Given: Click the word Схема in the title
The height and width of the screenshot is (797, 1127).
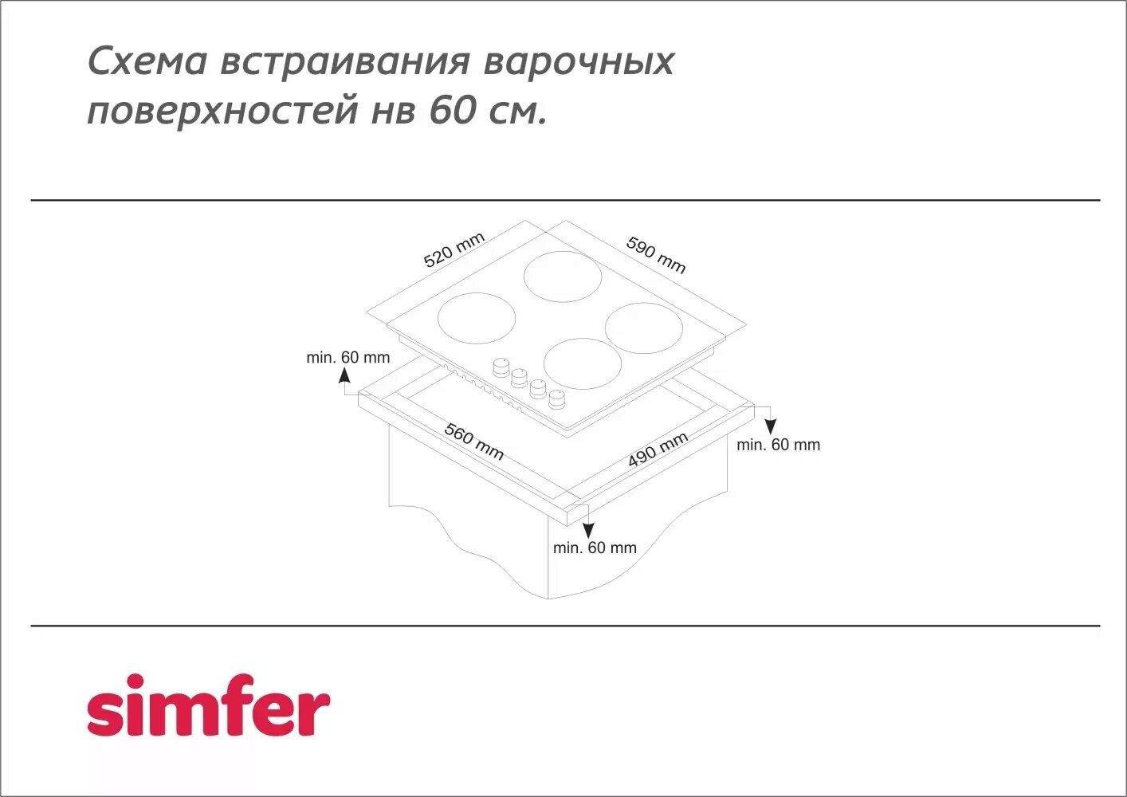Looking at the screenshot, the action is point(147,61).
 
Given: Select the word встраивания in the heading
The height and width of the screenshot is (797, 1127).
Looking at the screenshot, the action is point(345,61).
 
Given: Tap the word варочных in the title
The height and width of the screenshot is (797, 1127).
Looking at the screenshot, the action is point(579,61).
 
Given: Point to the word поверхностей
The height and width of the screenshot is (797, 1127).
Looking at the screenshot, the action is point(222,110).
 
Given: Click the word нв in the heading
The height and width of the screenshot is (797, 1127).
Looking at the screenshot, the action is point(393,110).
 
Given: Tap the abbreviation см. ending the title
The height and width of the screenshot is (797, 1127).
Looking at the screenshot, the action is point(519,112).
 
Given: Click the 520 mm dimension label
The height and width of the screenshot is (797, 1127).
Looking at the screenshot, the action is point(454,250).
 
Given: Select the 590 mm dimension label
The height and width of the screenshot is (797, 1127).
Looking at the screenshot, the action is point(656,254).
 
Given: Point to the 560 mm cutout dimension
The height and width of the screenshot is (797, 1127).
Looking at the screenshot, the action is point(474,442).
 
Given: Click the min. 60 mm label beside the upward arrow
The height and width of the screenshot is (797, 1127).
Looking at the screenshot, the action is point(348,358).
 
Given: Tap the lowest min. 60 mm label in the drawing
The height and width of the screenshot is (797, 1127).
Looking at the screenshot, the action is point(595,548).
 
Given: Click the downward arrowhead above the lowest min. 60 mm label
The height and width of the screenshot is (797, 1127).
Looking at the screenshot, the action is point(588,530).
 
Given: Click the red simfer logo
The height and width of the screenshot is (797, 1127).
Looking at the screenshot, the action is point(208,706).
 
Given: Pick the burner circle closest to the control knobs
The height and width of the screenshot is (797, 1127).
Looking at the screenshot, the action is point(583,363).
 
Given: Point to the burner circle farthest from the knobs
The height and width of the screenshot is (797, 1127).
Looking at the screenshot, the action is point(562,276).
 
